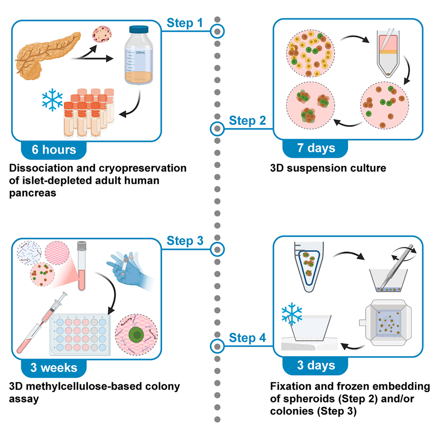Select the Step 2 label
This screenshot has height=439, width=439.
tap(248, 120)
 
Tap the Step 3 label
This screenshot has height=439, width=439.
tap(185, 241)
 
